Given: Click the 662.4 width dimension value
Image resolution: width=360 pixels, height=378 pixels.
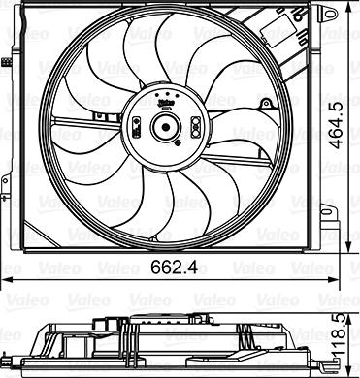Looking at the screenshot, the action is tap(174, 268).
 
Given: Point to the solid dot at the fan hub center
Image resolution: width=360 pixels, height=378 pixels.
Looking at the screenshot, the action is tap(166, 127).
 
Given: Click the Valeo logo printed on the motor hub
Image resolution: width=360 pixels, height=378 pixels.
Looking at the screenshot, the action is tap(166, 103).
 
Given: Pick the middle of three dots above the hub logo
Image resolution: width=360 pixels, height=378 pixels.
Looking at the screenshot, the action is tap(167, 93).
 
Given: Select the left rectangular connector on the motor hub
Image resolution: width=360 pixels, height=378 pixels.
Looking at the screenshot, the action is tap(136, 127).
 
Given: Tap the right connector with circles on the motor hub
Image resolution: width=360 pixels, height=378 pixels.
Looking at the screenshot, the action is tap(195, 127).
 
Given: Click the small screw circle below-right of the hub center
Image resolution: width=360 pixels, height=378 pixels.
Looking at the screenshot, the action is tap(177, 142).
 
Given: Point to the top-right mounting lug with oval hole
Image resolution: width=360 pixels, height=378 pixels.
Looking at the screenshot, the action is tap(328, 14).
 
